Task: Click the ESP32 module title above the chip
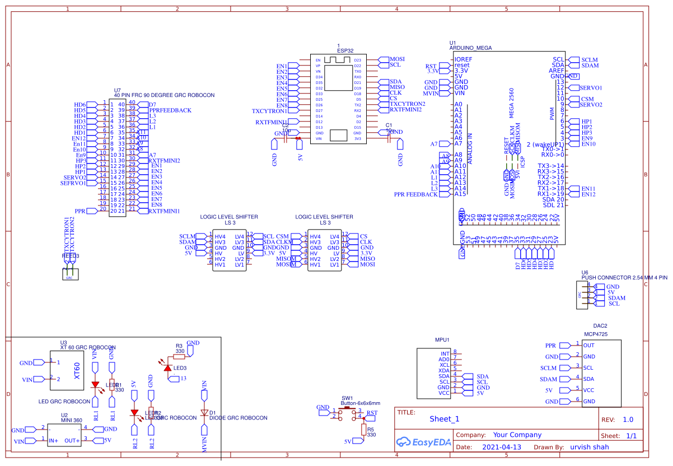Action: [x=345, y=50]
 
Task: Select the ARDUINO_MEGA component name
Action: [x=470, y=48]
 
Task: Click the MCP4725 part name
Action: [x=596, y=334]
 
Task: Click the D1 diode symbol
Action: [x=204, y=412]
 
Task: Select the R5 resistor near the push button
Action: [x=364, y=430]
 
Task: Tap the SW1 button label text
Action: [x=347, y=397]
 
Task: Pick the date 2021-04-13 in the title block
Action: [x=501, y=447]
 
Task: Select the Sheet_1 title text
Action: [x=444, y=419]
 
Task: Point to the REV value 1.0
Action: [x=628, y=420]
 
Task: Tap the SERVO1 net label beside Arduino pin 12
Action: [x=591, y=88]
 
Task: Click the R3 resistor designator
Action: [x=179, y=346]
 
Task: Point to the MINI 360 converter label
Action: [x=72, y=421]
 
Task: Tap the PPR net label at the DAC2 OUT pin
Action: [x=551, y=346]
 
